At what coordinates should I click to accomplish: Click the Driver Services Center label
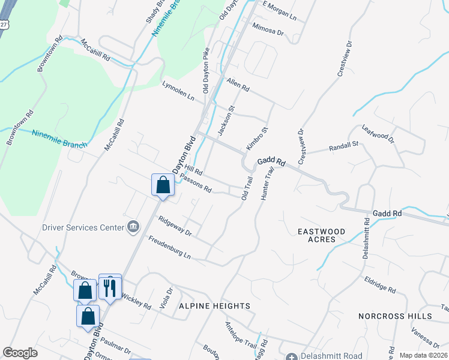click(83, 227)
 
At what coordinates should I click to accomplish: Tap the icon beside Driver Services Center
click(133, 227)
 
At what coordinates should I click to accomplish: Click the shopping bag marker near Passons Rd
click(163, 185)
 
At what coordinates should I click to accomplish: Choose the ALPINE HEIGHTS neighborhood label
click(214, 306)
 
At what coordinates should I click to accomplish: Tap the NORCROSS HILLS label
click(395, 316)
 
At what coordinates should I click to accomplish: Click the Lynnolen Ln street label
click(179, 91)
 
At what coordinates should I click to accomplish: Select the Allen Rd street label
click(238, 83)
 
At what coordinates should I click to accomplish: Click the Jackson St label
click(226, 120)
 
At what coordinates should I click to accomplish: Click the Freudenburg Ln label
click(169, 247)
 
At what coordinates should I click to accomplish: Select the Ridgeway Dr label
click(175, 226)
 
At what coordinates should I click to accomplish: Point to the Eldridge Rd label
click(380, 285)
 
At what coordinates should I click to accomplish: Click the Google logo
click(20, 353)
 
